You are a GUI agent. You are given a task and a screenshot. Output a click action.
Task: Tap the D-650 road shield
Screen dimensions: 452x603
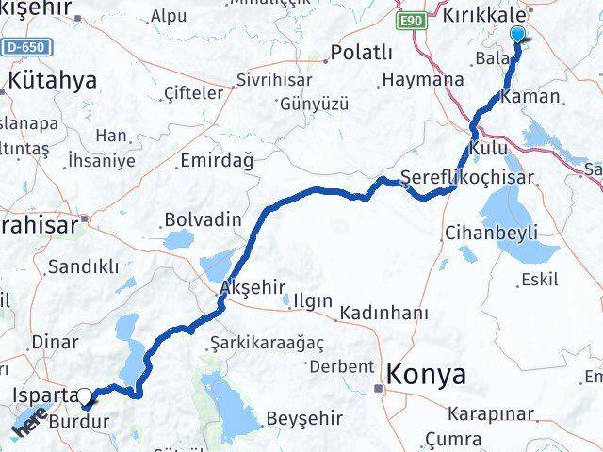26,46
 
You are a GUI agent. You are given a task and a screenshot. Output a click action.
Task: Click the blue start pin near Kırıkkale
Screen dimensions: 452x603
518,36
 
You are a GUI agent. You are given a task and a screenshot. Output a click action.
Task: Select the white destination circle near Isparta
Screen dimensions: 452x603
85,397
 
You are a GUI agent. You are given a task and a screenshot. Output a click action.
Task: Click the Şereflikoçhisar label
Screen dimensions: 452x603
466,177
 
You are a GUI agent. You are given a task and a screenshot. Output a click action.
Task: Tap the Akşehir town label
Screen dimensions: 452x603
250,285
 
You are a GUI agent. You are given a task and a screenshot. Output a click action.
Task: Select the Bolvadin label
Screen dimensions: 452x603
203,219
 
